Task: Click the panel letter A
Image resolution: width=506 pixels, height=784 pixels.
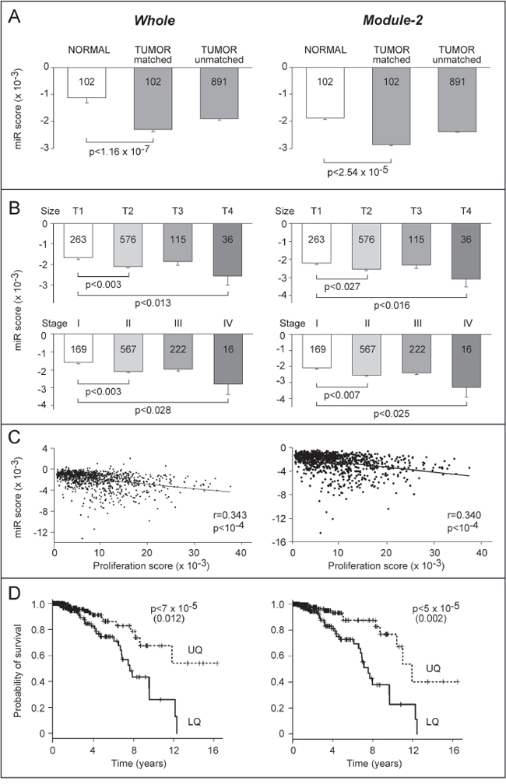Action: tap(12, 16)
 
